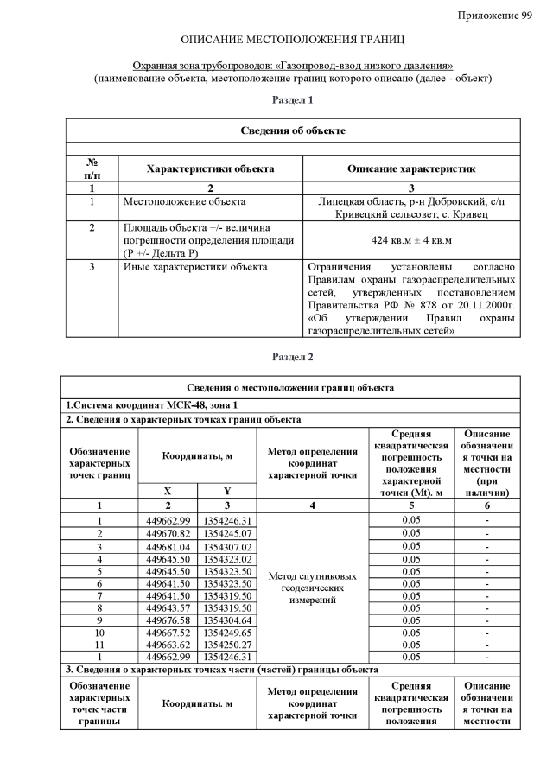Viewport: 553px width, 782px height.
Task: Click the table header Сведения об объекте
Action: [x=293, y=130]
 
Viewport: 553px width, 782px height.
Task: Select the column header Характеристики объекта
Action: [x=211, y=169]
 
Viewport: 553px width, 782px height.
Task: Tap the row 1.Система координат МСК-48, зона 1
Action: [x=152, y=405]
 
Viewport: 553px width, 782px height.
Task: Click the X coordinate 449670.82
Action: [x=168, y=533]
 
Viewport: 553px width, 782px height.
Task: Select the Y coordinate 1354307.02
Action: [x=226, y=546]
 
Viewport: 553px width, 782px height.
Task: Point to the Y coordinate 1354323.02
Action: [x=226, y=559]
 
